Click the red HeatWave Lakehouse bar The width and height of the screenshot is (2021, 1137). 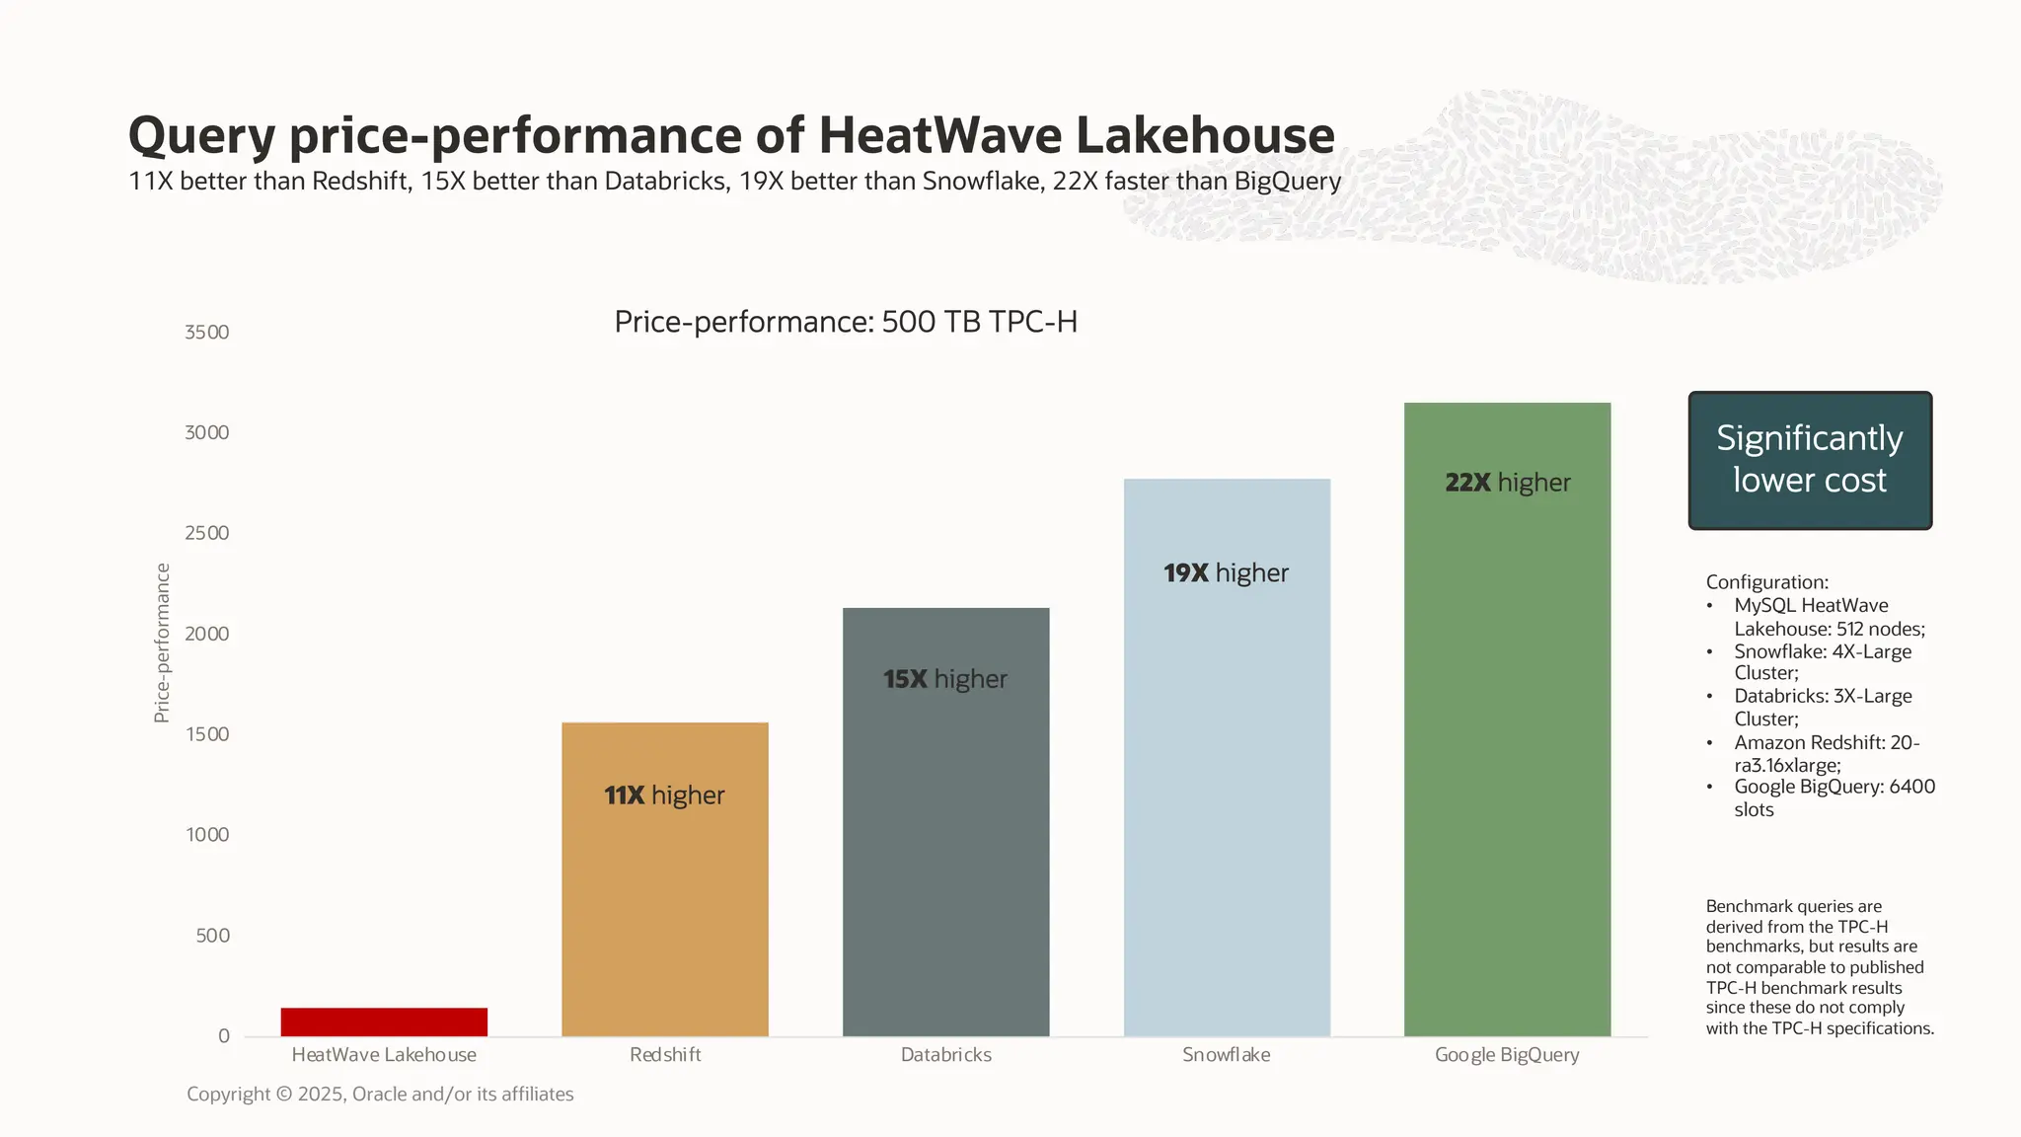[384, 1022]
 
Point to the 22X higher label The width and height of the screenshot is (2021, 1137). [1507, 483]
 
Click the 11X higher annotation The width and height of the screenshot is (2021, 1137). [664, 796]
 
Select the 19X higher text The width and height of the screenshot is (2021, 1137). [1226, 573]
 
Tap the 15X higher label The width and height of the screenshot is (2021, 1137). [944, 679]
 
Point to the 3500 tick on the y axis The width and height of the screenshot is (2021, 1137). [206, 333]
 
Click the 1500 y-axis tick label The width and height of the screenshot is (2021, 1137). [206, 734]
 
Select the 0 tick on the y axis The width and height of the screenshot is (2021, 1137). [224, 1036]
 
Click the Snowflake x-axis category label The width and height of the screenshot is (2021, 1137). [1226, 1055]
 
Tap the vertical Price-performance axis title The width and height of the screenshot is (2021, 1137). [162, 643]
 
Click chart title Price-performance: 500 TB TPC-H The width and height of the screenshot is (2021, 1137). [846, 322]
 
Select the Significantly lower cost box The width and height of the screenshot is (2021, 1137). [1809, 460]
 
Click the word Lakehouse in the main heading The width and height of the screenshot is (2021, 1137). [1204, 135]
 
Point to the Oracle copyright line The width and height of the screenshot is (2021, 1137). [380, 1095]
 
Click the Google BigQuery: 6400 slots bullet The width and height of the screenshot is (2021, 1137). [1833, 798]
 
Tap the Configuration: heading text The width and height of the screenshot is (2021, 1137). [1766, 582]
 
